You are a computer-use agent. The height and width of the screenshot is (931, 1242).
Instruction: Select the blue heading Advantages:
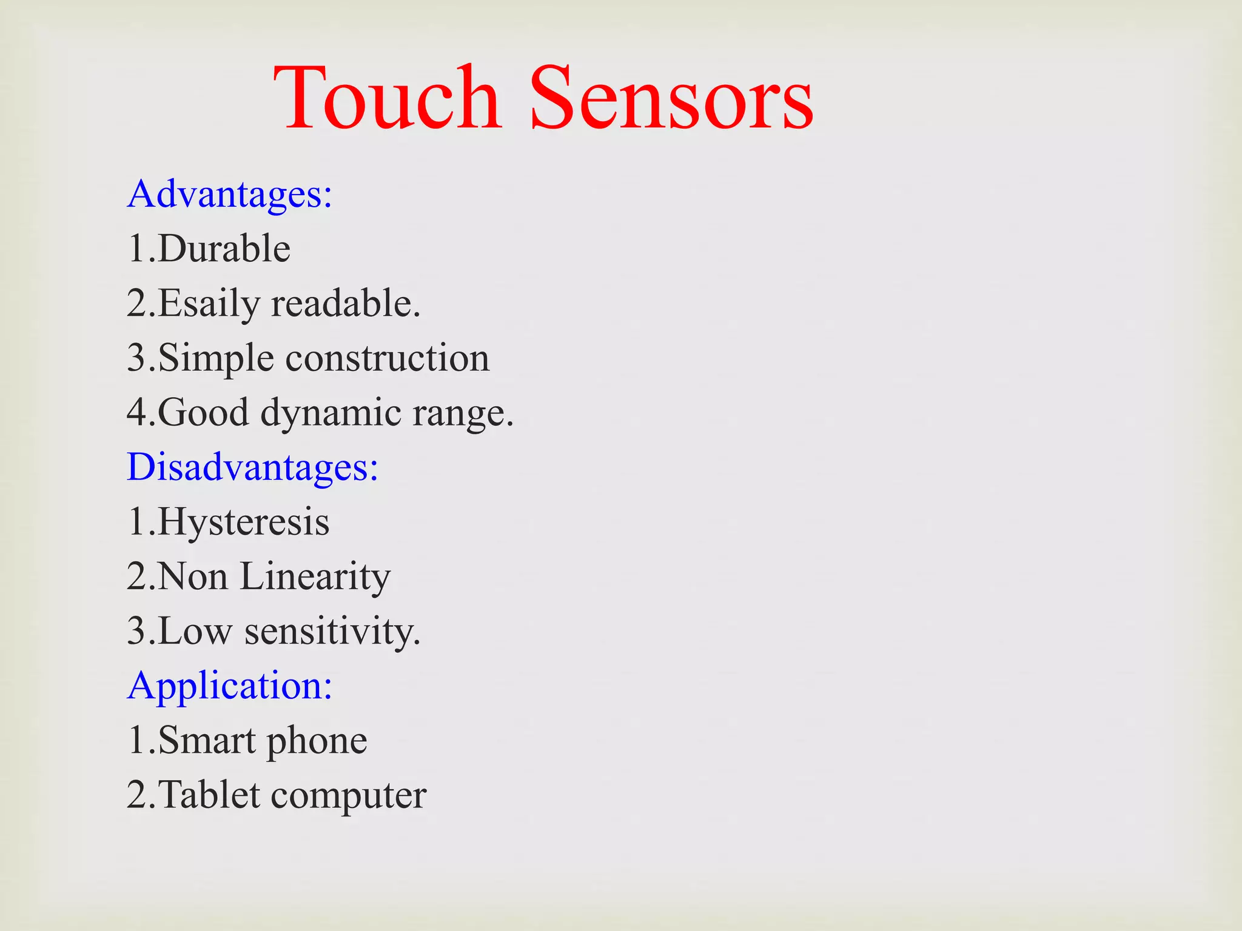click(x=230, y=195)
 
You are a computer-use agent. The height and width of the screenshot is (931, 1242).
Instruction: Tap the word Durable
click(x=224, y=249)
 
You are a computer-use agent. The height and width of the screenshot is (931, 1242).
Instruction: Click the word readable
click(x=345, y=303)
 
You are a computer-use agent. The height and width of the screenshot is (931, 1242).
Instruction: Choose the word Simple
click(x=216, y=358)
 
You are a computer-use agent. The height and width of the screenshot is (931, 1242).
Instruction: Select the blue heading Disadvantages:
click(x=253, y=467)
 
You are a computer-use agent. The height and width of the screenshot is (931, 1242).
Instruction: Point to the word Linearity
click(x=315, y=576)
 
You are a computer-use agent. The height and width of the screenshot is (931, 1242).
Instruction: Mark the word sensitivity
click(x=332, y=631)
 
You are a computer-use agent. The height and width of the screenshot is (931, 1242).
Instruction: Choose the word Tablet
click(x=209, y=795)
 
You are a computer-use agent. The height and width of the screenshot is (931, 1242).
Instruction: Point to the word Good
click(x=204, y=413)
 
